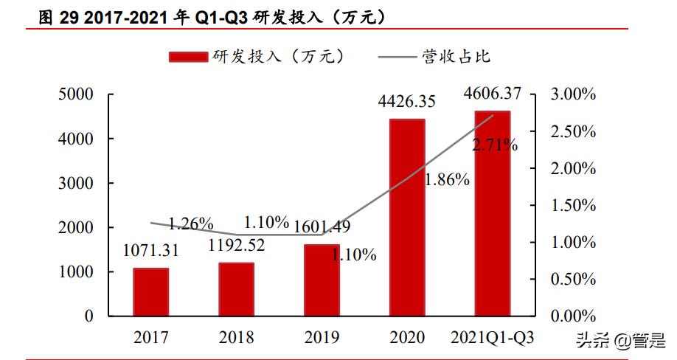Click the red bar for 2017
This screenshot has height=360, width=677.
[x=150, y=292]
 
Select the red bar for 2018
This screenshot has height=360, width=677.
[x=236, y=289]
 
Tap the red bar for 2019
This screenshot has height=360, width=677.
[x=322, y=280]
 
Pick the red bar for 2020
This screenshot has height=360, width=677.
[x=407, y=218]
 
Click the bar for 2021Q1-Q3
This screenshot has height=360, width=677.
[x=492, y=214]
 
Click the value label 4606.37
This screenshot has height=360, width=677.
[x=493, y=94]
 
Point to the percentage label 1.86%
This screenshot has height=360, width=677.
[x=447, y=179]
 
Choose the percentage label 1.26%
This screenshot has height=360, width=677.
[x=190, y=223]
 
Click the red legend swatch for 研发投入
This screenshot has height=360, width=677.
[x=189, y=57]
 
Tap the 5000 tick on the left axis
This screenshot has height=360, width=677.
[x=77, y=94]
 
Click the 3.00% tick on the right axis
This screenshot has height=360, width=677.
[x=573, y=94]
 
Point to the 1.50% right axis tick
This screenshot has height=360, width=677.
[x=573, y=206]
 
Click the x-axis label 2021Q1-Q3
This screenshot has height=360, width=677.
[x=492, y=338]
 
